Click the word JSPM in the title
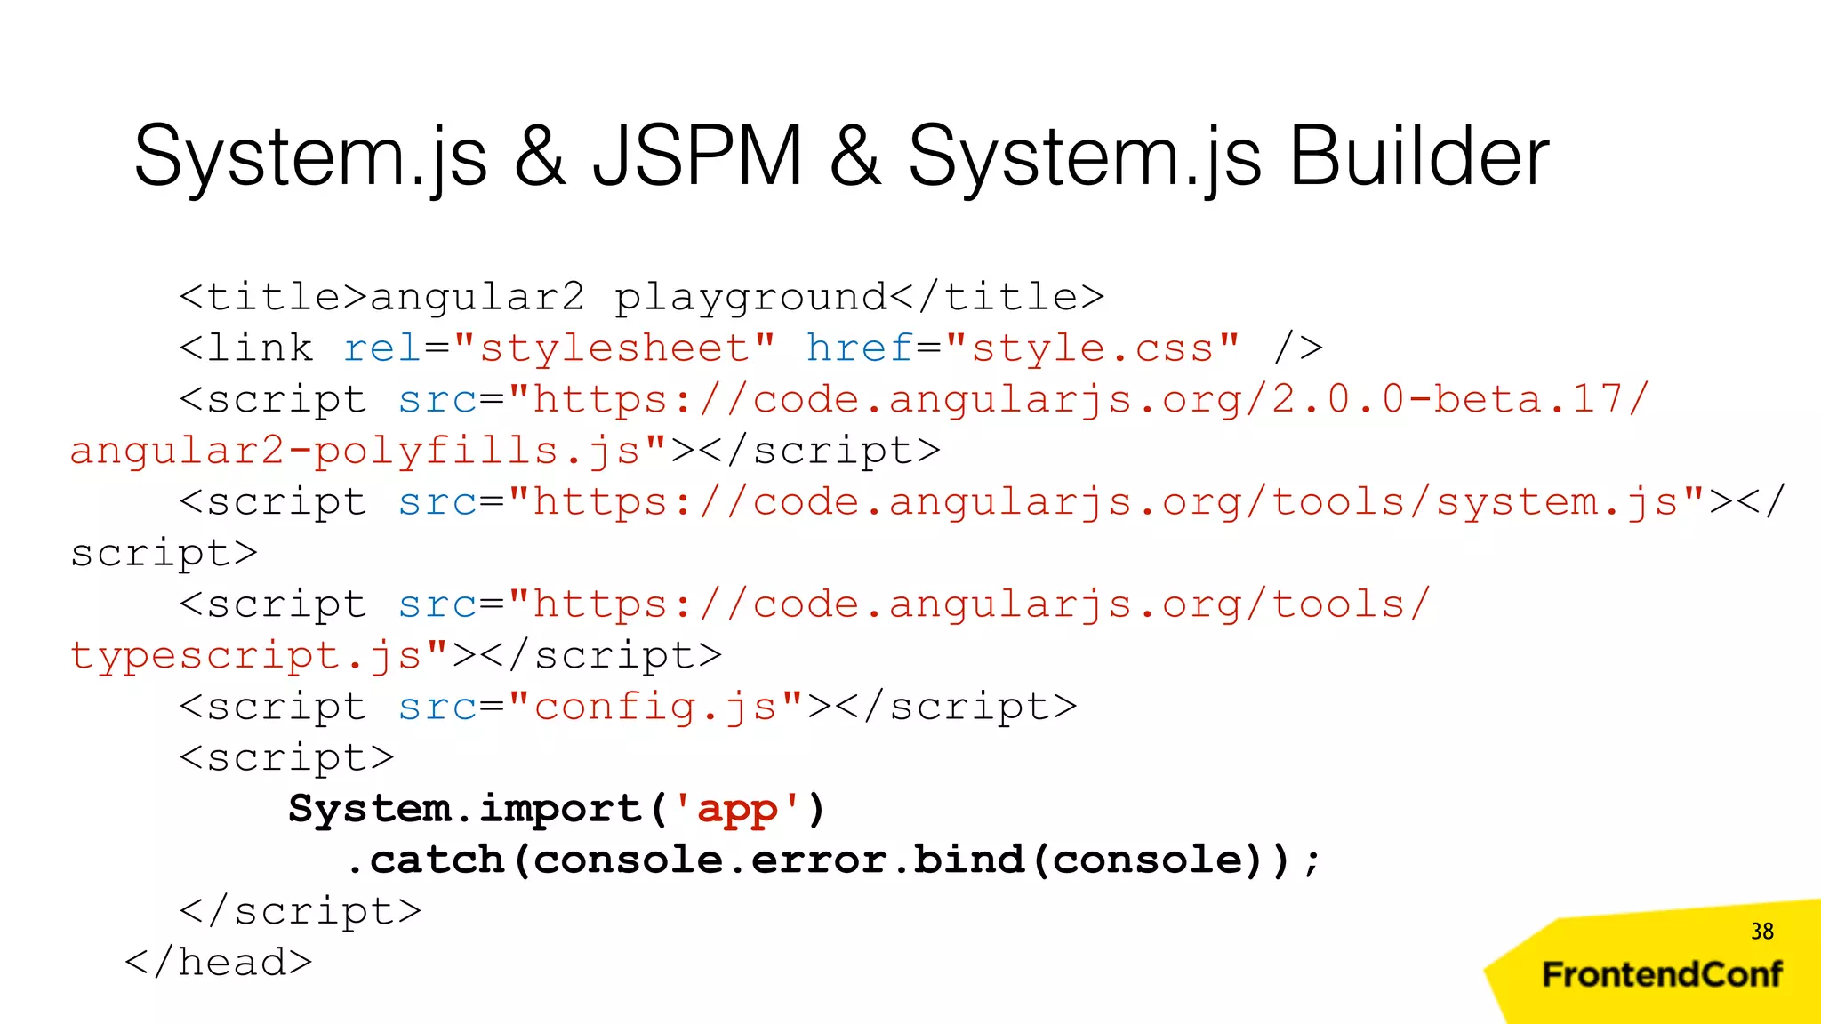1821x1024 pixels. pos(698,156)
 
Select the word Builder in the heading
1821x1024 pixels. pos(1419,156)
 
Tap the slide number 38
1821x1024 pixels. pos(1761,931)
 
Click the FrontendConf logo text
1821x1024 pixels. pos(1662,974)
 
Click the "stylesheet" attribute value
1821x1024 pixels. pos(614,348)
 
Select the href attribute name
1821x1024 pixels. pos(860,348)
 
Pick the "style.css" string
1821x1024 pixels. pos(1093,348)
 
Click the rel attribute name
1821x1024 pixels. pos(383,348)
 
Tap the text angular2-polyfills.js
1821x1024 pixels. pos(356,451)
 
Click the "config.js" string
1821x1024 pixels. pos(656,708)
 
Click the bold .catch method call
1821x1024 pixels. pos(427,860)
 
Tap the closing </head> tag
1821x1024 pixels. pos(219,963)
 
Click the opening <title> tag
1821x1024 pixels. pos(273,297)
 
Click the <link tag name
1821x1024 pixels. pos(246,348)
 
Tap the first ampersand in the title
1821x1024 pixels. pos(540,156)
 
